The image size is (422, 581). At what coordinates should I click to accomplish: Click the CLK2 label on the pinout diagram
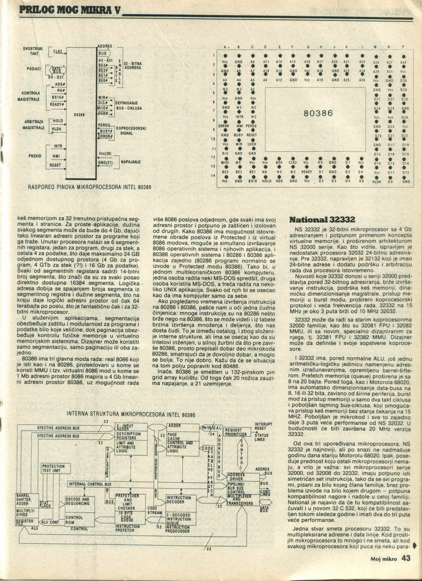[57, 52]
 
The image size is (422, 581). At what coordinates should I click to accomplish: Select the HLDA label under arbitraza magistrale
[56, 130]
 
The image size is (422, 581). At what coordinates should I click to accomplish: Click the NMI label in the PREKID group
[56, 156]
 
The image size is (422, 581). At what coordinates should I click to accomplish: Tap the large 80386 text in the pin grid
[316, 113]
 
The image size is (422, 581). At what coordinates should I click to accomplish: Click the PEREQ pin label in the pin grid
[251, 125]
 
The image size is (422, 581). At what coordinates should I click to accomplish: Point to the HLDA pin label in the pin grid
[377, 181]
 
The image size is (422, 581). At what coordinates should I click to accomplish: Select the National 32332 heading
[323, 219]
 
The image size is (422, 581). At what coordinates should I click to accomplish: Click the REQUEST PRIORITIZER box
[236, 432]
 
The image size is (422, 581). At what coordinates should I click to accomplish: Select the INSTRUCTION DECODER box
[178, 500]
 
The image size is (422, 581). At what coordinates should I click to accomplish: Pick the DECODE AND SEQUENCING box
[77, 501]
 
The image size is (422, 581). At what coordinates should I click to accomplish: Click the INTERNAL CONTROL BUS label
[90, 484]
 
